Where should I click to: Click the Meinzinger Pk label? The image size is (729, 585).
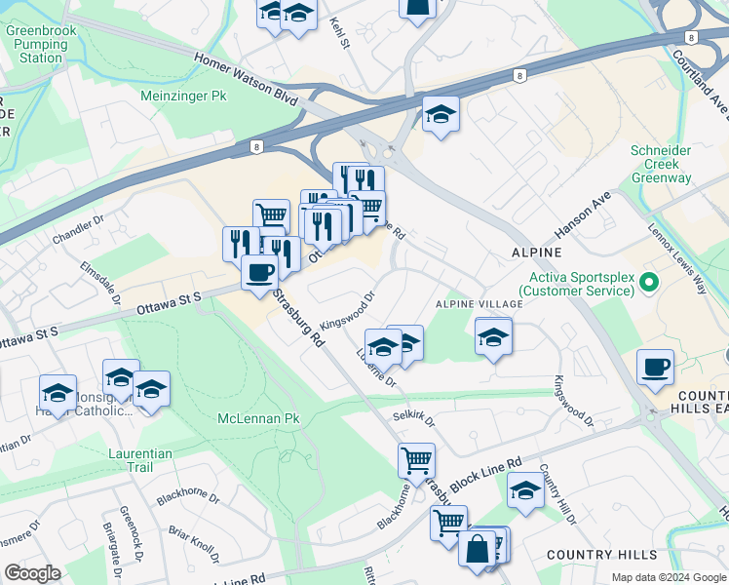coord(183,97)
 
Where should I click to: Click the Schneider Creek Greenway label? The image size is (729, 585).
coord(661,165)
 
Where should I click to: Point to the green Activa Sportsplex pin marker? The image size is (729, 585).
coord(650,283)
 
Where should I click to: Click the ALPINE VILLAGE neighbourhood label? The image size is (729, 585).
coord(479,304)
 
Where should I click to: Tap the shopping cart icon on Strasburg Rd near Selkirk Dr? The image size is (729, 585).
coord(416,459)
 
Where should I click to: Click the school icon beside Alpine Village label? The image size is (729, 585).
coord(494,337)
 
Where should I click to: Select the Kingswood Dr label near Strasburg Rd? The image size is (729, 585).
coord(348,310)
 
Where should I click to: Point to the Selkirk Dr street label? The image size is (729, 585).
coord(414,419)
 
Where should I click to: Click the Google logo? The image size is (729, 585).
coord(33,573)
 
